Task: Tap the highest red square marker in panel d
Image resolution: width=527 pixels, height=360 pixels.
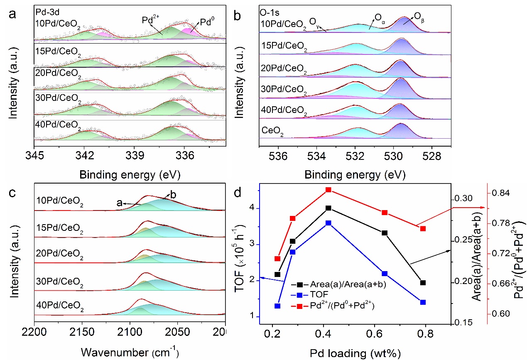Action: (328, 190)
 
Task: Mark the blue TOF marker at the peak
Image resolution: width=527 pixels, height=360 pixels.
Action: (328, 223)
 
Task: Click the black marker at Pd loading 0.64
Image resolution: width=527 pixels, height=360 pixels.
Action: (385, 233)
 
